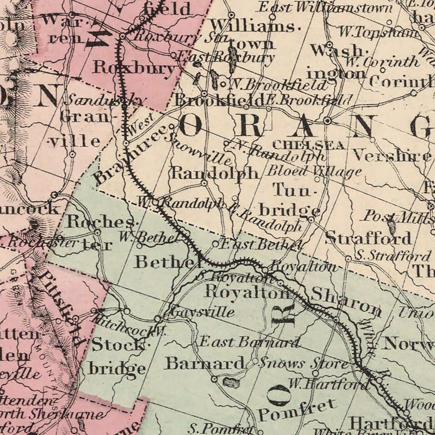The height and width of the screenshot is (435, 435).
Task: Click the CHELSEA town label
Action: [309, 145]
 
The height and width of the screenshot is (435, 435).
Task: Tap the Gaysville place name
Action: [202, 312]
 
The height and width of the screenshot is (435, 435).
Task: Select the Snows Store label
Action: [303, 363]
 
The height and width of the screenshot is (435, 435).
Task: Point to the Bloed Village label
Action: [314, 171]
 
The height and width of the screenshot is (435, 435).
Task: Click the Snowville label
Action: [199, 149]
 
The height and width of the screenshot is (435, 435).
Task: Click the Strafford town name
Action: [368, 238]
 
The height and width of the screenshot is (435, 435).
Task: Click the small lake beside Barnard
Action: [231, 383]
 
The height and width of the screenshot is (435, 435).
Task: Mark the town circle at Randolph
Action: [204, 183]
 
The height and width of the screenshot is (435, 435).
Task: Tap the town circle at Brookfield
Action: [204, 94]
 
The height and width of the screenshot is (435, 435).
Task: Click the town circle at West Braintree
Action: [126, 143]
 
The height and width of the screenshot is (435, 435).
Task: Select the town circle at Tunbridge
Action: [311, 220]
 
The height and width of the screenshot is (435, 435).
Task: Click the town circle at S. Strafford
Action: [348, 259]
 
